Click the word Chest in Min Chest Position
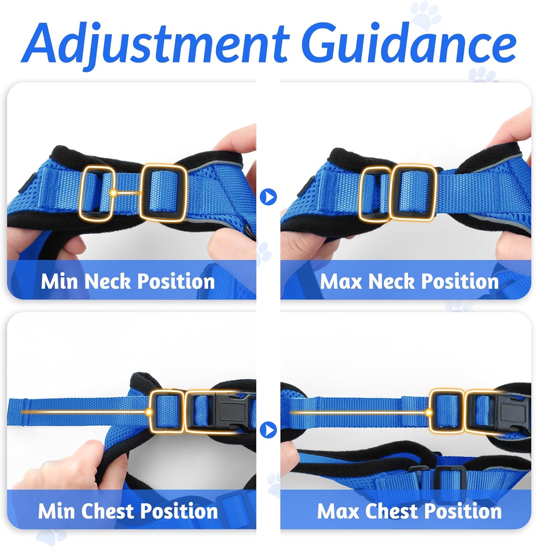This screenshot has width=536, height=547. click(x=109, y=511)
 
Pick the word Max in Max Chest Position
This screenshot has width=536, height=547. click(x=339, y=511)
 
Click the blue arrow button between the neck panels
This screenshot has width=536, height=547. click(x=269, y=197)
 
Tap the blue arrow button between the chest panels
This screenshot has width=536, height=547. click(x=269, y=430)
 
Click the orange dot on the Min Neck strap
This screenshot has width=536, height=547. click(x=113, y=193)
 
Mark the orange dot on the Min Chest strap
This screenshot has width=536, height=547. click(x=149, y=412)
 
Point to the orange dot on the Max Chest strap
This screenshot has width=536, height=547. click(x=429, y=412)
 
